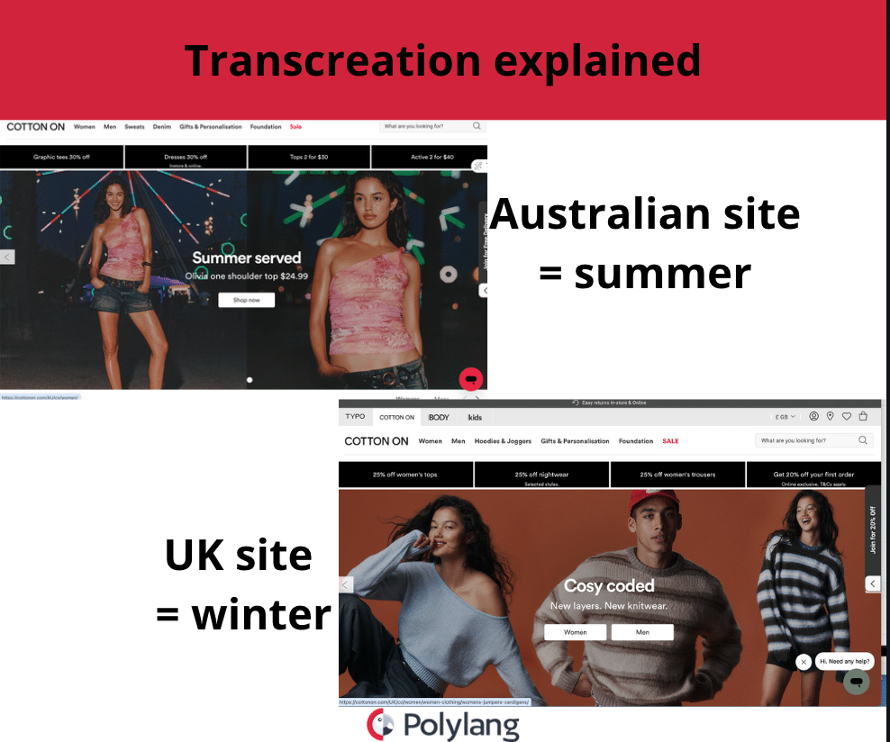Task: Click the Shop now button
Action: click(246, 300)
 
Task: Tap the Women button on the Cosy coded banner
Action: click(575, 632)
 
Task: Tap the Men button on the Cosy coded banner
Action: click(642, 632)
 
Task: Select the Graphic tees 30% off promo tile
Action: click(61, 157)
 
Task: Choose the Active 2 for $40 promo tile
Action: click(432, 157)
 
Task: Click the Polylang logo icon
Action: click(380, 724)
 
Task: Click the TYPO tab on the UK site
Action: click(356, 417)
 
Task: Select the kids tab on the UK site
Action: click(475, 417)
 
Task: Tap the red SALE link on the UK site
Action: click(670, 441)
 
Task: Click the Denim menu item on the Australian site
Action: click(161, 127)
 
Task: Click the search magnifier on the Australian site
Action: click(477, 127)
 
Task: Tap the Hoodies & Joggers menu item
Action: click(503, 441)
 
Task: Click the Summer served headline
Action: click(246, 258)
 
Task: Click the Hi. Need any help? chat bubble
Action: click(844, 662)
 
